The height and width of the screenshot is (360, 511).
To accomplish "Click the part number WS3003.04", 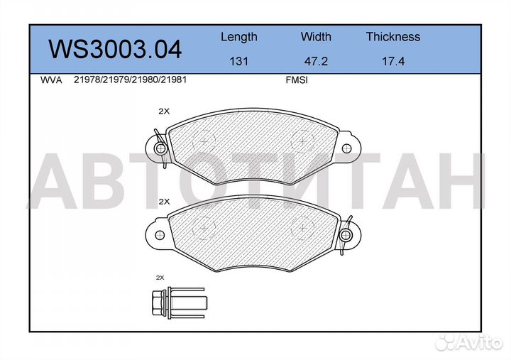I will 114,49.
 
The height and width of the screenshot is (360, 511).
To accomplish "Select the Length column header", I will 238,37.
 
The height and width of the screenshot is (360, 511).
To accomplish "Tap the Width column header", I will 316,37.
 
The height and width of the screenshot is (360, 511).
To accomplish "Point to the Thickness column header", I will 392,37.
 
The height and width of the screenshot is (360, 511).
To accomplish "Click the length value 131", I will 238,61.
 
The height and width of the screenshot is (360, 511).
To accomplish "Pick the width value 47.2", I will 316,61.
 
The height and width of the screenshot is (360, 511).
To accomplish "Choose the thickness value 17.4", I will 392,61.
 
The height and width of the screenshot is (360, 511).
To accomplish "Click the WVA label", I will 52,80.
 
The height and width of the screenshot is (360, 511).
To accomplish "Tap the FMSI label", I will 295,80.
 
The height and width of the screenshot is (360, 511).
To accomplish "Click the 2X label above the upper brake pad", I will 164,111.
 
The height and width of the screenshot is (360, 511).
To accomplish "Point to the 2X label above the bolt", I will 160,277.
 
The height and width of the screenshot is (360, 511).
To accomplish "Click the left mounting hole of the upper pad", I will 160,148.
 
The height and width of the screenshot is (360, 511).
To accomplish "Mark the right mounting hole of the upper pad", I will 346,148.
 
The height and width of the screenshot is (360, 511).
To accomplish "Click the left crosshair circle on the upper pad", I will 204,142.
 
